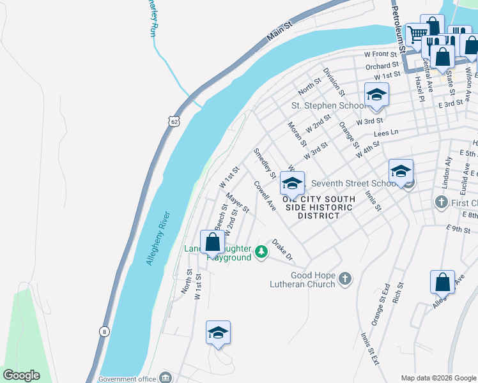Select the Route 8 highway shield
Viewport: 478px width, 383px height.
104,331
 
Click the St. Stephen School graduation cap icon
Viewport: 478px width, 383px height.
377,96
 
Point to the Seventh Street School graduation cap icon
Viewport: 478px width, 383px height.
401,171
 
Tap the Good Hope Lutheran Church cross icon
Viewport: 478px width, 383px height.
344,278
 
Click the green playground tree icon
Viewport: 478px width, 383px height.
261,252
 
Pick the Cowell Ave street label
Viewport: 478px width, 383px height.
265,196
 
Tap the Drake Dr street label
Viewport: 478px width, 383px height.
282,250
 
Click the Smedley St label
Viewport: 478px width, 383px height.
264,163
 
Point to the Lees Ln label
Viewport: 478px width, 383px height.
386,132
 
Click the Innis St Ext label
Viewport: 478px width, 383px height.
369,349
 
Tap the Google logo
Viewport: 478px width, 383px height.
21,375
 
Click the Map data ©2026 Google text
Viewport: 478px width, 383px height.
438,378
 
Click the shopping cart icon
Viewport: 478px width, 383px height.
417,33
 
